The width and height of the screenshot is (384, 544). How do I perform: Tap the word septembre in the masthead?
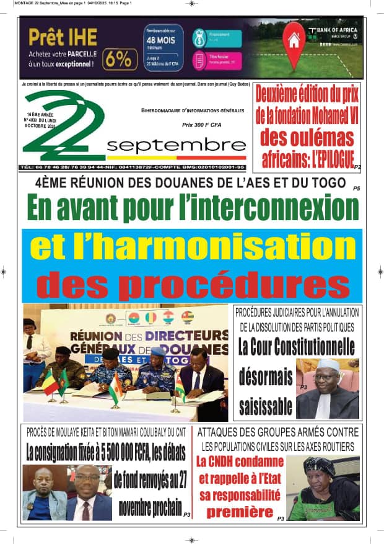(176, 145)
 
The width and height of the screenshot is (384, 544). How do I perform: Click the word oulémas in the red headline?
(307, 136)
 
